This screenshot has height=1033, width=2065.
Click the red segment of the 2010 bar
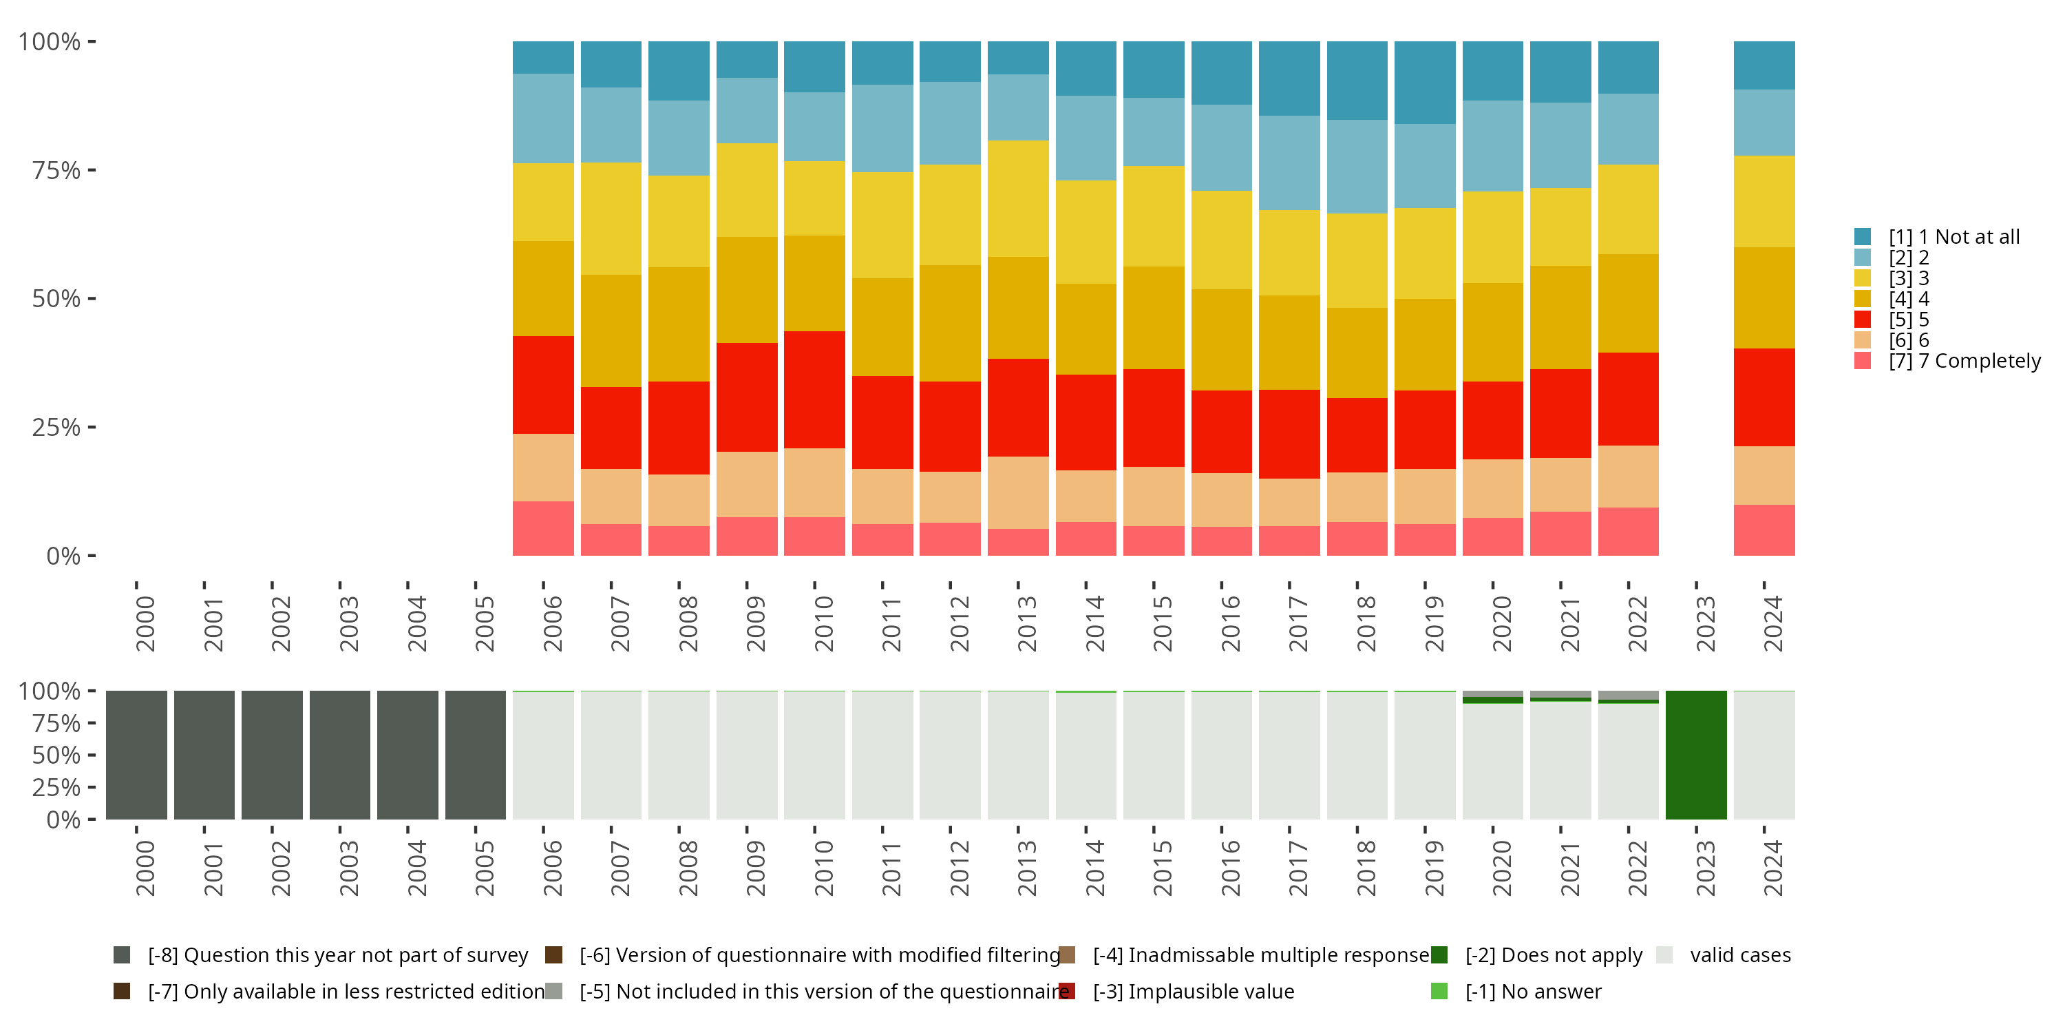coord(814,390)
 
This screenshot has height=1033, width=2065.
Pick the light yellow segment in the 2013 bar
coord(1017,199)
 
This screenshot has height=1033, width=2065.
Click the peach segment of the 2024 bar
coord(1764,476)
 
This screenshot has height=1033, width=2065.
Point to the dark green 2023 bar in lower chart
coord(1695,755)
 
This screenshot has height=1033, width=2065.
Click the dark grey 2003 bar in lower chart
coord(340,755)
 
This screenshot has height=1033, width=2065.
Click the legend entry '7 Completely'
coord(1964,361)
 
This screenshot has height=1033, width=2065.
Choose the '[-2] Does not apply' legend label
coord(1554,955)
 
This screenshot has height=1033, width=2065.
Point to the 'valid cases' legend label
coord(1739,955)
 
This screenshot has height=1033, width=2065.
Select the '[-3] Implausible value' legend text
coord(1193,991)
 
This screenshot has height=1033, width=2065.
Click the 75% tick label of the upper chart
coord(56,170)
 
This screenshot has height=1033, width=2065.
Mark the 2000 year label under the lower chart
coord(145,868)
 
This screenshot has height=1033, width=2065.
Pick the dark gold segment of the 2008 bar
coord(678,324)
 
